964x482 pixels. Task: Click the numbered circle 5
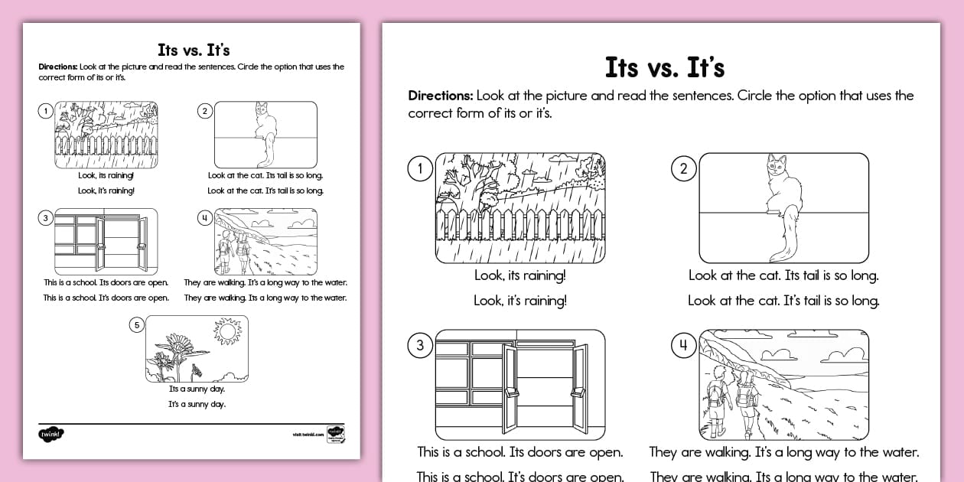pyautogui.click(x=136, y=325)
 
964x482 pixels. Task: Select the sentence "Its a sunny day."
pyautogui.click(x=197, y=389)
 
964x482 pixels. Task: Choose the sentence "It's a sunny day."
pyautogui.click(x=197, y=404)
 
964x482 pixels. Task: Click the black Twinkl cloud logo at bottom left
pyautogui.click(x=51, y=435)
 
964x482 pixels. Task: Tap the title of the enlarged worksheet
pyautogui.click(x=664, y=67)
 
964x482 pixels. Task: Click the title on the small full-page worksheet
pyautogui.click(x=194, y=50)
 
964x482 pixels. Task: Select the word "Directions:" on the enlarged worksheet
pyautogui.click(x=440, y=96)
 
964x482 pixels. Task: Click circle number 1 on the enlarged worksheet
pyautogui.click(x=420, y=168)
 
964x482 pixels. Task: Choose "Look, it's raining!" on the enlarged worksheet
pyautogui.click(x=520, y=301)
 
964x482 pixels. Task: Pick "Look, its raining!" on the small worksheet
pyautogui.click(x=106, y=175)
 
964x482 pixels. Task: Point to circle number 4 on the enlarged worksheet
pyautogui.click(x=683, y=345)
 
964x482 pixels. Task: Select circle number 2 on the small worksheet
pyautogui.click(x=204, y=112)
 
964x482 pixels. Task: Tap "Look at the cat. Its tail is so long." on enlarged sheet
pyautogui.click(x=783, y=275)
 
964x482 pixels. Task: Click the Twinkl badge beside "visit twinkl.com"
pyautogui.click(x=335, y=434)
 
